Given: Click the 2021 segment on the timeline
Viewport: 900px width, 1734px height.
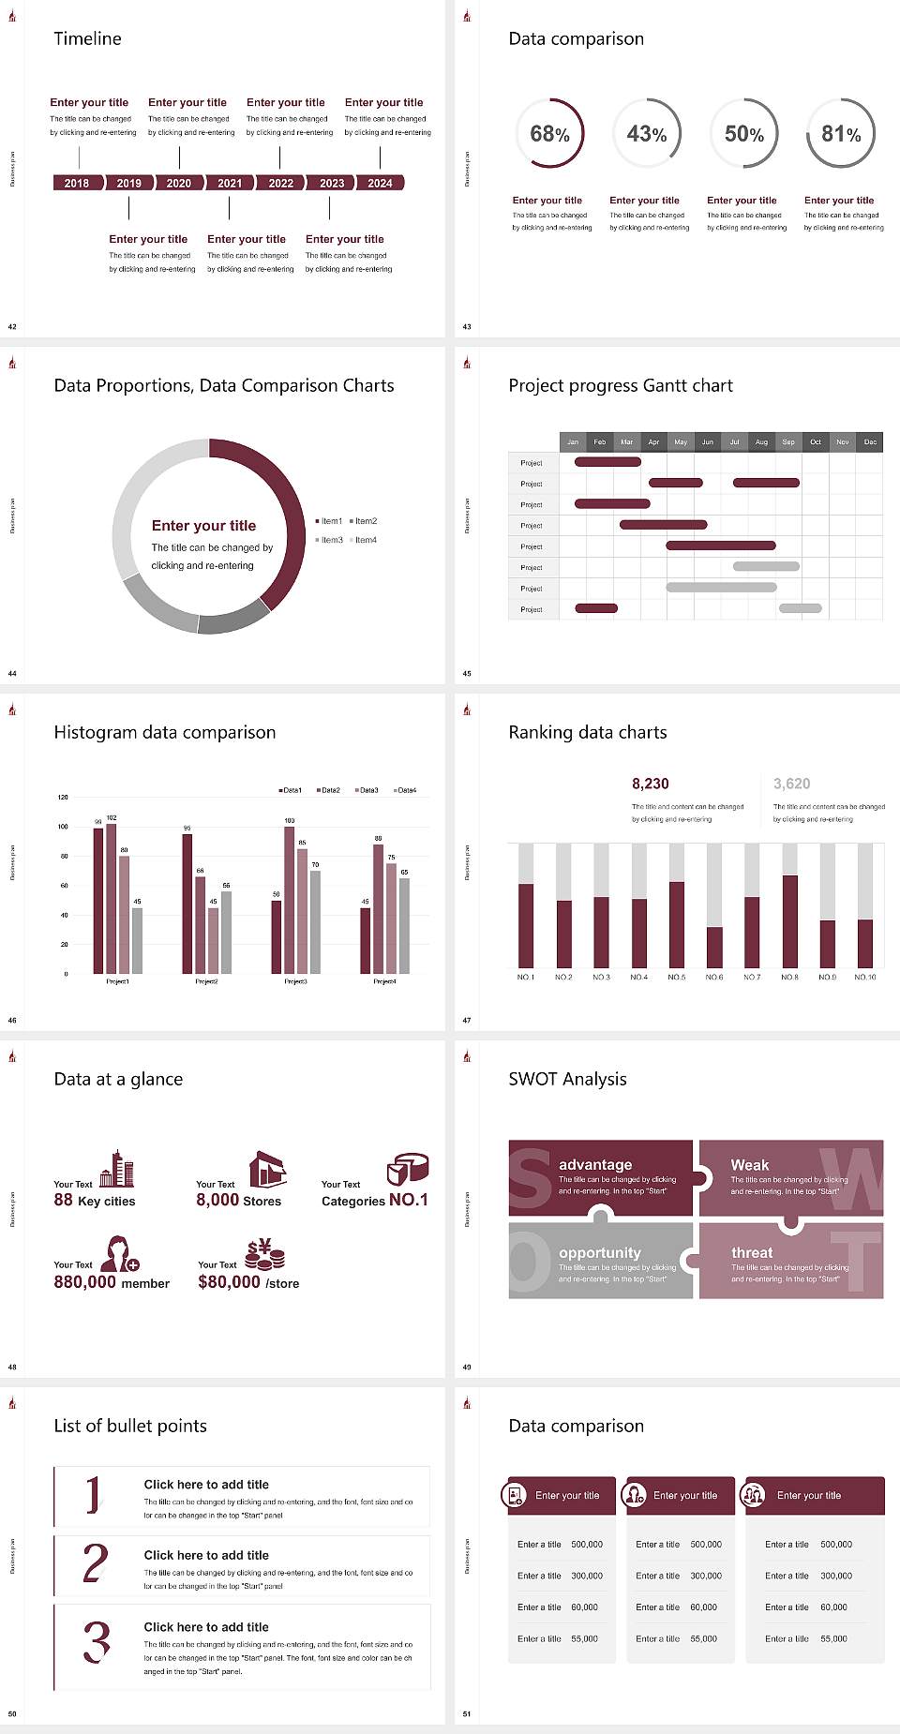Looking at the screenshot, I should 230,183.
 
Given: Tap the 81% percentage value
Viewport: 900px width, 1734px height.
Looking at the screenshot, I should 841,134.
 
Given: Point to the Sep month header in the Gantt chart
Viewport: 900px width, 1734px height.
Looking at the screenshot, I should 788,441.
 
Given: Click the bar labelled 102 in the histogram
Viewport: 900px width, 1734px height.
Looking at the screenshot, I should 112,895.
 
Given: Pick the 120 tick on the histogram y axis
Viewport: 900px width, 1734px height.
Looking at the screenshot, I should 63,797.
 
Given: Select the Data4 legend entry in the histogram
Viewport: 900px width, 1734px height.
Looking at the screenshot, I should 405,790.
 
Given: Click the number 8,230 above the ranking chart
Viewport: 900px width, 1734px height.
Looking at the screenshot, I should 651,784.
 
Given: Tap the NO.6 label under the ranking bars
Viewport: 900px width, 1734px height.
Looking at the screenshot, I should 714,977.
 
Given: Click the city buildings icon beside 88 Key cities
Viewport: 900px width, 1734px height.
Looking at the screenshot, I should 117,1169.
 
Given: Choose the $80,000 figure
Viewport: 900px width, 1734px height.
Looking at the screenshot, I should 229,1281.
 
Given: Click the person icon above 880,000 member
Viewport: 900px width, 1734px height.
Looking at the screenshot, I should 120,1253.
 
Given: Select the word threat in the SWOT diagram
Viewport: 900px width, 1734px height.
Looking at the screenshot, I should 752,1252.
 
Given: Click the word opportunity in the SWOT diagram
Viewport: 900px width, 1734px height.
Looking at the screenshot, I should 600,1252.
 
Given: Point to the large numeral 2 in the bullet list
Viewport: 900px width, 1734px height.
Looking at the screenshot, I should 95,1563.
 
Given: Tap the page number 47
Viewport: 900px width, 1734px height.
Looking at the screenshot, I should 467,1020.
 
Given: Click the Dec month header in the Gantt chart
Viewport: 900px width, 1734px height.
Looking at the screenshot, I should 870,441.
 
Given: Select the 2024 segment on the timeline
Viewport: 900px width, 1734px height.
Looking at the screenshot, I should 380,183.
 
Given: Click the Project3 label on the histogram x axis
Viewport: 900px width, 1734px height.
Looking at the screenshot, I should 295,981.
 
